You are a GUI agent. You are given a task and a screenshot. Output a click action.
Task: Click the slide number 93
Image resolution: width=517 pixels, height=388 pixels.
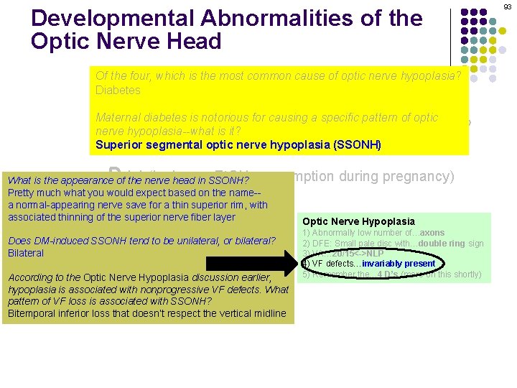click(508, 6)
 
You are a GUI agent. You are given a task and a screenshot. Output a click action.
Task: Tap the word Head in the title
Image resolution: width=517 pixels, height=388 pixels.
click(195, 41)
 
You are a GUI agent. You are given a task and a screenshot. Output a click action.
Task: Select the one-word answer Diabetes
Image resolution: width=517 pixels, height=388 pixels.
click(118, 91)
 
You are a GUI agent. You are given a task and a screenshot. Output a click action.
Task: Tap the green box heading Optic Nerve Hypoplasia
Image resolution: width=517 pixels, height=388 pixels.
click(358, 222)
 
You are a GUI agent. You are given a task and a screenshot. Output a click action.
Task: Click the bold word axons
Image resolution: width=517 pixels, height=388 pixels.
click(431, 233)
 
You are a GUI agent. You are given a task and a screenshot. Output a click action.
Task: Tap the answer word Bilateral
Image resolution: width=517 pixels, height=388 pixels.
click(26, 253)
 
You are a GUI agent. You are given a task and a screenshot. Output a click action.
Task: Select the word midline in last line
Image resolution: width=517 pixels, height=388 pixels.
click(269, 313)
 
